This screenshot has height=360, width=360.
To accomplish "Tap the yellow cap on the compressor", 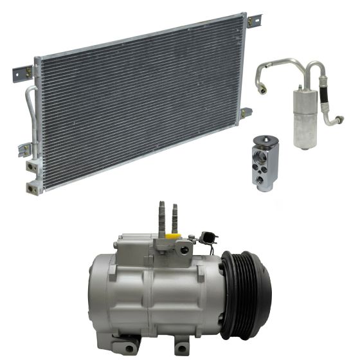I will [172, 235].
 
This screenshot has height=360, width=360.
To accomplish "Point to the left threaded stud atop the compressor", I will [161, 215].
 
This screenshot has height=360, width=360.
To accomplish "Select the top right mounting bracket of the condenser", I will [252, 21].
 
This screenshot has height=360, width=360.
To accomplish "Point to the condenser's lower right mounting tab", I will [245, 114].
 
